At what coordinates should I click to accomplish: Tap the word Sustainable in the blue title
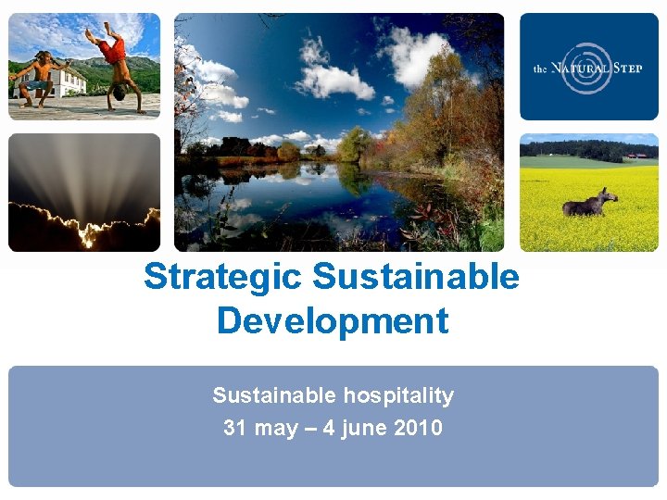[416, 276]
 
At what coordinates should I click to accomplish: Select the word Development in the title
[333, 320]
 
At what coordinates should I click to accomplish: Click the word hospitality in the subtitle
[398, 395]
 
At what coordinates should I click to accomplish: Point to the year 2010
[417, 428]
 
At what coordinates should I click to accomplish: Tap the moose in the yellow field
[589, 203]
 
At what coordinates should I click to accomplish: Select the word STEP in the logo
[628, 69]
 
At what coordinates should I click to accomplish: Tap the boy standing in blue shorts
[36, 80]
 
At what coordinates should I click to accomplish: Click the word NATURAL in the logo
[582, 69]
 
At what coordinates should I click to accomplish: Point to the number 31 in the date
[234, 428]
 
